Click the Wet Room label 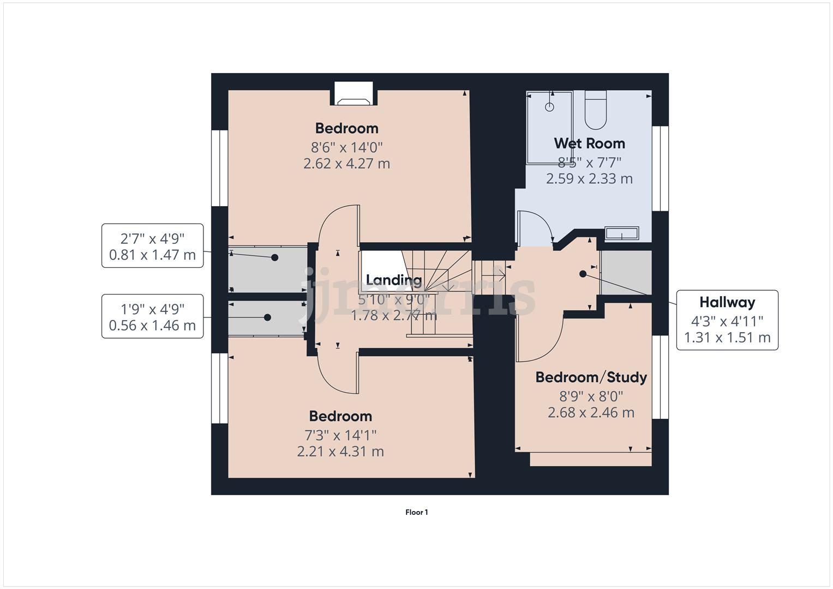(589, 143)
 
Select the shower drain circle (550, 107)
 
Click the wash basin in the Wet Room (621, 234)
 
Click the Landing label (393, 280)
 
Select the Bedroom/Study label (591, 377)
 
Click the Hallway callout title (727, 302)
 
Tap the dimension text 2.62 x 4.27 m (346, 164)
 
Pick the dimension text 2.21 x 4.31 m (340, 452)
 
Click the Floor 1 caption (416, 512)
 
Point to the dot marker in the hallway (583, 274)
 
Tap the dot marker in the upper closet (275, 257)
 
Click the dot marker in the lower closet (267, 317)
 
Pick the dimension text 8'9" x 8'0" (591, 396)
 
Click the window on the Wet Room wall (660, 168)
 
